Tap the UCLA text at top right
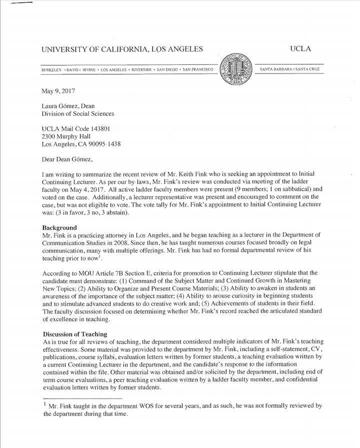click(300, 49)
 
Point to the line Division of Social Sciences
click(77, 113)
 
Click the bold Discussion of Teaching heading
click(74, 334)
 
